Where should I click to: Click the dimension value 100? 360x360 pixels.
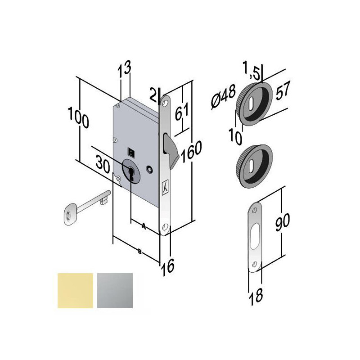pos(78,118)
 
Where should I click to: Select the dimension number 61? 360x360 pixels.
pos(182,111)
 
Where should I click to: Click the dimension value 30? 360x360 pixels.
pos(103,164)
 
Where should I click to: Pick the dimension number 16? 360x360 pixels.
pos(167,267)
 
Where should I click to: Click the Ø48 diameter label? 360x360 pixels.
pos(223,96)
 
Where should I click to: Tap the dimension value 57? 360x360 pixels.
pos(283,90)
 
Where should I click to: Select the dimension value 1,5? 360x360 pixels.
pos(252,70)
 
